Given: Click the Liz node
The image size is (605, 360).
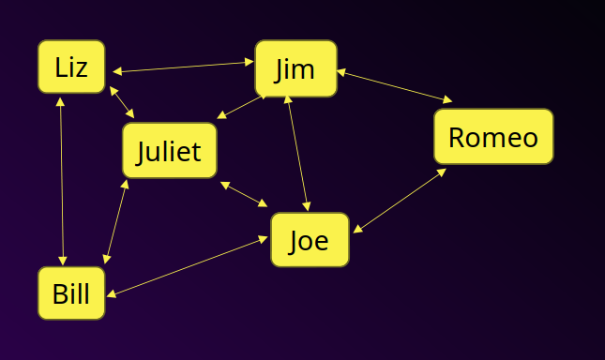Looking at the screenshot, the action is tap(71, 67).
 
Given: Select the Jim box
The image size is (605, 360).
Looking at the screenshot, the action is tap(295, 67).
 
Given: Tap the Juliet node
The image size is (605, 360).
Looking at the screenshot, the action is tap(169, 150).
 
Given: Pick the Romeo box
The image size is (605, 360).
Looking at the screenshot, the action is tap(493, 137).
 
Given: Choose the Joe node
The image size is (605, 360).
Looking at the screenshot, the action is tap(310, 240).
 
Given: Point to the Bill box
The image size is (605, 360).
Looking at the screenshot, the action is tap(71, 293).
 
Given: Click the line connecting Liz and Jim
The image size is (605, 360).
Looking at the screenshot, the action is tap(183, 67).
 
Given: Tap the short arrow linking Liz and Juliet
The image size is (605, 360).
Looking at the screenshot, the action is tap(122, 102).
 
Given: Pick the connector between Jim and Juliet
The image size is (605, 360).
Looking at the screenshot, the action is tap(242, 106).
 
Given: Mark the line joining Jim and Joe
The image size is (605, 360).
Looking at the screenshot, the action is tap(297, 154).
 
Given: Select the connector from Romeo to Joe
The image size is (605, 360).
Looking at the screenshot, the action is tap(400, 201).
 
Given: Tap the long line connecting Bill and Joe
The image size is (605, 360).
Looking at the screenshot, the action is tap(188, 267).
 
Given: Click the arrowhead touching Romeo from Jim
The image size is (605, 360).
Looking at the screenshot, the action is tap(448, 100).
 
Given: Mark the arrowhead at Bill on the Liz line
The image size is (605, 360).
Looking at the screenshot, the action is tap(63, 261).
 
